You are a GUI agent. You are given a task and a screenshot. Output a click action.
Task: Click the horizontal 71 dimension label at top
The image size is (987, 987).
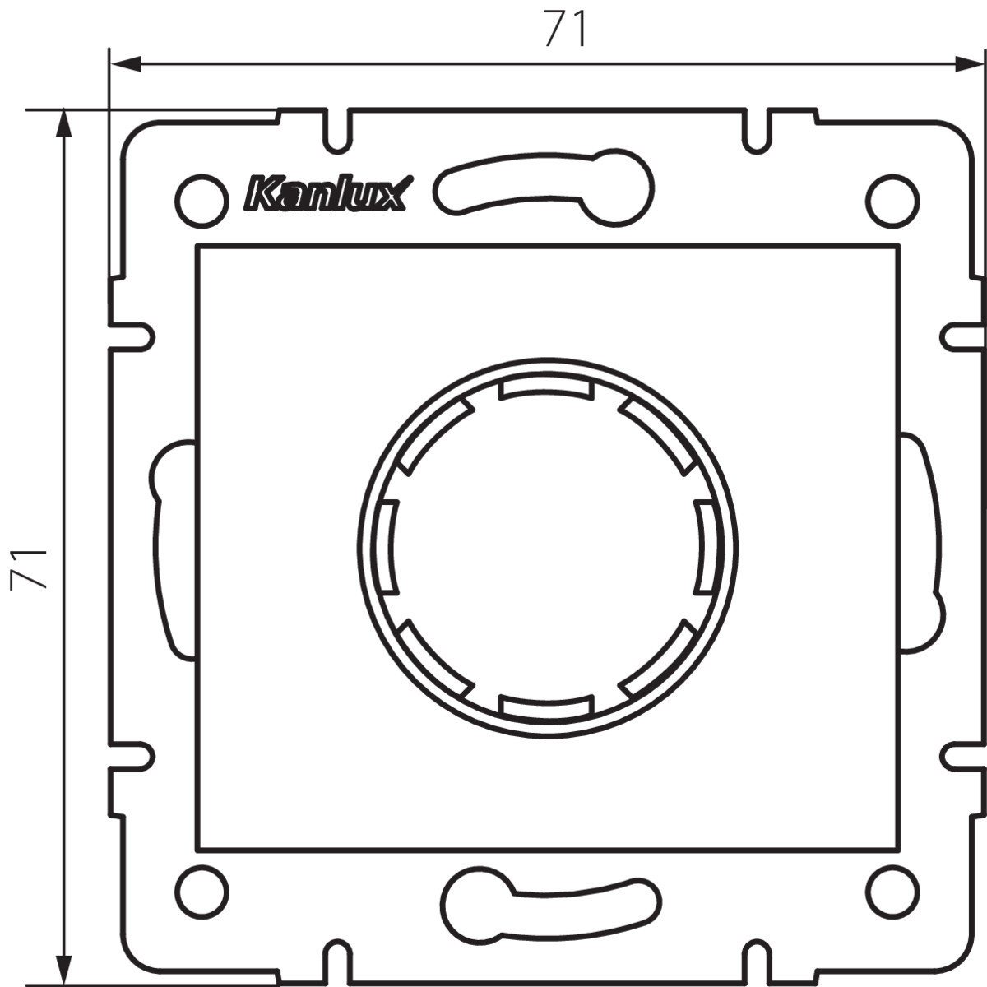(x=565, y=29)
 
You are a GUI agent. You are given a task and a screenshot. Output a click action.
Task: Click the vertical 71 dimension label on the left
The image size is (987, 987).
(x=29, y=568)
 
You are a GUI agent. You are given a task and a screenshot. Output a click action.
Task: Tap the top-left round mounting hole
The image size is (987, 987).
(x=202, y=202)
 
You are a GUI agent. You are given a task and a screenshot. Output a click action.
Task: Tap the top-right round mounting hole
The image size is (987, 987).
(x=892, y=202)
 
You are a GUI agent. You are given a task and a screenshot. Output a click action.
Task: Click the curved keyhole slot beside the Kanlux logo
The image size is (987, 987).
(x=544, y=188)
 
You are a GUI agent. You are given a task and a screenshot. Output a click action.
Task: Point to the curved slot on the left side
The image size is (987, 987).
(x=173, y=549)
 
